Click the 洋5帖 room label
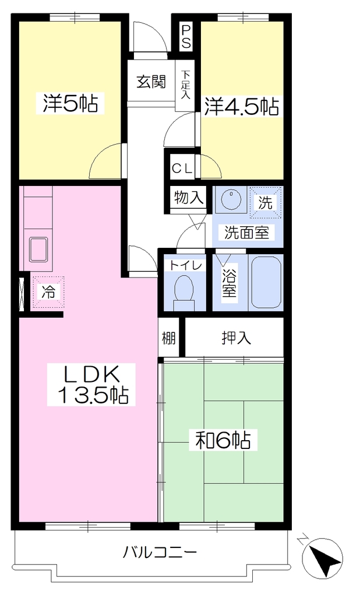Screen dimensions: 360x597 coord(70,104)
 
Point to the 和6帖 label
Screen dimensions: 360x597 coord(223,440)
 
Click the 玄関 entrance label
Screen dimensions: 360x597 coord(151,82)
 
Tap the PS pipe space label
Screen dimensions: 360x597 coord(186,37)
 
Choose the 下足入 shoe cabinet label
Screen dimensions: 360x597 coord(185,85)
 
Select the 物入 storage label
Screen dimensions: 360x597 coord(188,197)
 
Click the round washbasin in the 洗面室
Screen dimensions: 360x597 coord(230,199)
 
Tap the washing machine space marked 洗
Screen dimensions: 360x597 coord(266,202)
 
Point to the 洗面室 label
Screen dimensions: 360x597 coord(246,232)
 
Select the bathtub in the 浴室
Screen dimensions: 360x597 coord(266,282)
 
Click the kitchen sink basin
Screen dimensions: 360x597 coord(38,249)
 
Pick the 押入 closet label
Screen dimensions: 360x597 coord(237,338)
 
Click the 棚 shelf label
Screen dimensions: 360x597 coord(169,338)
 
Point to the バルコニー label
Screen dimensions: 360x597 coord(160,552)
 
